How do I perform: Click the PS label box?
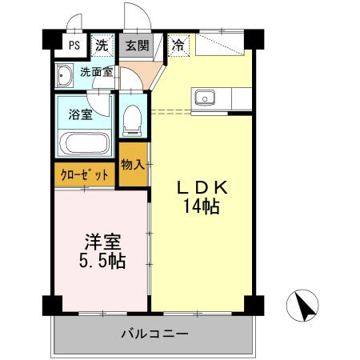pos(74,46)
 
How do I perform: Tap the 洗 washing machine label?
pos(102,46)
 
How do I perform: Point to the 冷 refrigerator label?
pos(178,46)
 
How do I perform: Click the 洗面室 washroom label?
pos(95,72)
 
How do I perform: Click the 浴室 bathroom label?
pos(80,113)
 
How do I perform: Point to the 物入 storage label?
pos(133,165)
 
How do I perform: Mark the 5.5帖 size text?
pos(102,262)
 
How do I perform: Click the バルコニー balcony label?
pos(154,333)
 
